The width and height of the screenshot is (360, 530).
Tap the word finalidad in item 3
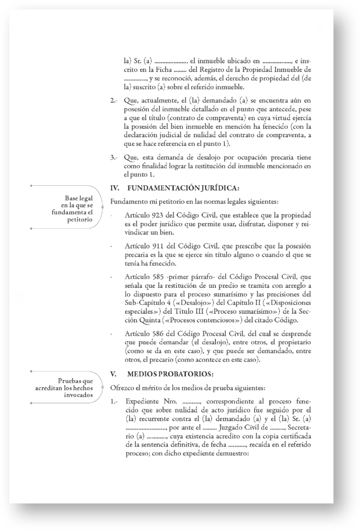pos(158,166)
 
